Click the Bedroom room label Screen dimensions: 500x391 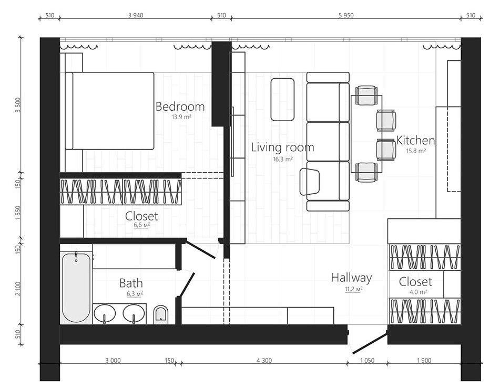[x=180, y=107]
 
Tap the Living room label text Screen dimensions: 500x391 [x=282, y=147]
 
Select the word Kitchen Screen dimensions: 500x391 [x=415, y=141]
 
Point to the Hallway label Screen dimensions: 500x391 [x=351, y=278]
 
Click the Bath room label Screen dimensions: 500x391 [x=131, y=283]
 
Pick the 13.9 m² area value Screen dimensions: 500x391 [x=181, y=117]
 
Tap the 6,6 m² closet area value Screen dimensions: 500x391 [x=142, y=225]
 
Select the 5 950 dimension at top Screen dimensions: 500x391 [x=346, y=15]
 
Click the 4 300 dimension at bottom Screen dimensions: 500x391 [x=264, y=361]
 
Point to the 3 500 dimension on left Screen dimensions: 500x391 [x=18, y=105]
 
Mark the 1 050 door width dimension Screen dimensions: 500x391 [x=368, y=361]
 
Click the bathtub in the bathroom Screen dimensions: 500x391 [x=76, y=288]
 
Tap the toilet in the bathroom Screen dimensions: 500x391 [x=161, y=314]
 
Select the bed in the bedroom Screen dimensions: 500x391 [x=110, y=111]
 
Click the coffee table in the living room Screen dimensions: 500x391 [x=282, y=99]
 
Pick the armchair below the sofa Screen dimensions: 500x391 [x=309, y=182]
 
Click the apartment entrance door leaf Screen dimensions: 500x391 [x=370, y=342]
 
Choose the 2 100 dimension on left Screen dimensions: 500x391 [x=18, y=289]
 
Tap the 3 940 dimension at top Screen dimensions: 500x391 [x=136, y=15]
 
